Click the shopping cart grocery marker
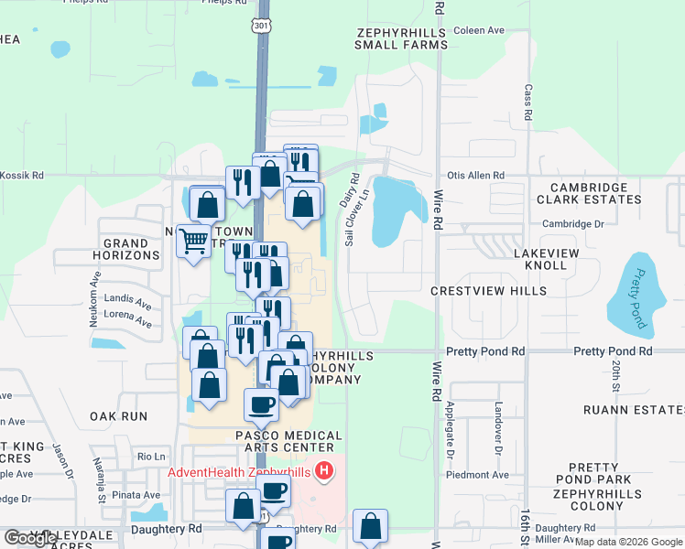[193, 242]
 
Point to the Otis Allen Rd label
[475, 175]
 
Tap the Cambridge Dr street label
[573, 223]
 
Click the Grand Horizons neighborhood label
[132, 249]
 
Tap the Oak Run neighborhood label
[119, 415]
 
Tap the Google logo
[31, 538]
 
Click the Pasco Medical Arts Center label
[274, 441]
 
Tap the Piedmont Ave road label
[476, 475]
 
